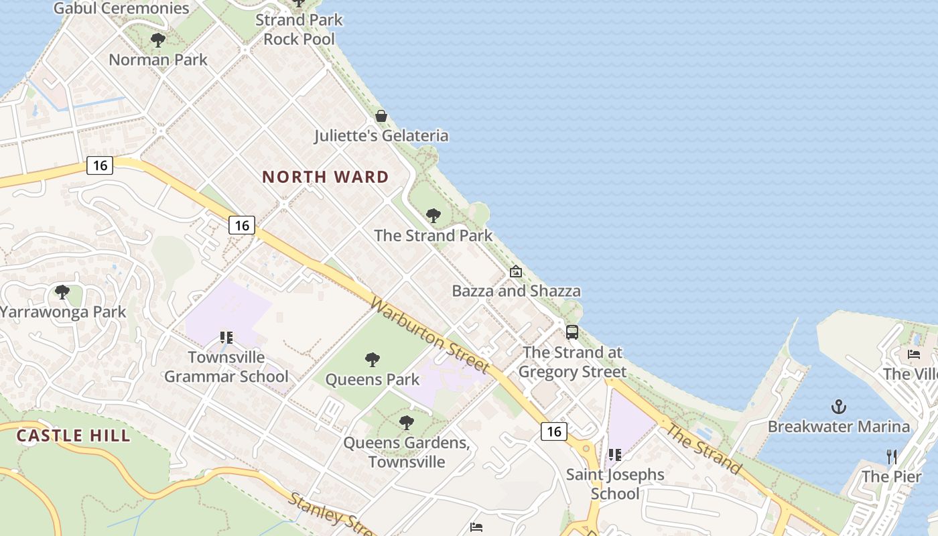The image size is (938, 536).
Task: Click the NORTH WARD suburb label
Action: (325, 177)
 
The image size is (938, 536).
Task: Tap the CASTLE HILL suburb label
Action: (73, 435)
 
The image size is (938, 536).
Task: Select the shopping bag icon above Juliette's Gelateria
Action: (381, 116)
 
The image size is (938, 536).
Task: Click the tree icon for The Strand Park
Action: (433, 216)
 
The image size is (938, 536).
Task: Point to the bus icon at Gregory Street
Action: (572, 332)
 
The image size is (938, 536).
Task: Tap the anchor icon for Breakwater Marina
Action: (838, 406)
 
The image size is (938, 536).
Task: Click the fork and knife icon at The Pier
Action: (892, 457)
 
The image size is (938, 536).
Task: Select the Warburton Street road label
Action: (429, 335)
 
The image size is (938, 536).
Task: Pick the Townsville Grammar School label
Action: (226, 366)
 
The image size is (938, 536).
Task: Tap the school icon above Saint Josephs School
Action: (614, 456)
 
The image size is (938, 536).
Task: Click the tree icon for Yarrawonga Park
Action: (62, 292)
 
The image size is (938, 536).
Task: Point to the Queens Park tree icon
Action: (373, 360)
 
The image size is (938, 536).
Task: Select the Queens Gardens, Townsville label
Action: (406, 452)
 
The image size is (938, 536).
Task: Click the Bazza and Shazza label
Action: (516, 291)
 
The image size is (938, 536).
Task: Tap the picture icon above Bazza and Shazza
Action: (515, 271)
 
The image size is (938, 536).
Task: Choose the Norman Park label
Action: (158, 60)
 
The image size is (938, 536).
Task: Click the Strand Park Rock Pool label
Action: (299, 29)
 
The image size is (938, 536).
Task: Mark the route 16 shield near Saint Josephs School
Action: (554, 431)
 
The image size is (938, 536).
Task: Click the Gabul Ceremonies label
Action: (121, 8)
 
